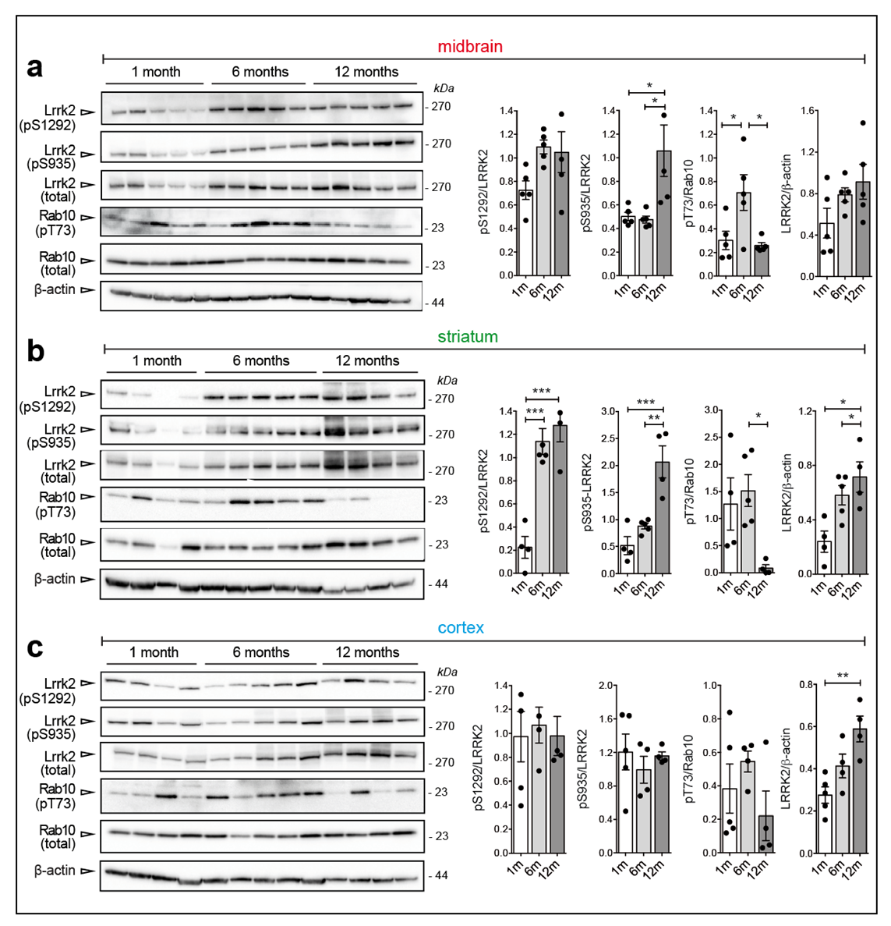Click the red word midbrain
click(469, 47)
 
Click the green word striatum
click(467, 337)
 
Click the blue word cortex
click(461, 628)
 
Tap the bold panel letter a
click(34, 68)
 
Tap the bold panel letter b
click(35, 352)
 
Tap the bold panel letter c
click(34, 647)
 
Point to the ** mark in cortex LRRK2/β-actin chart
click(842, 676)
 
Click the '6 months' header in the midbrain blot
click(260, 72)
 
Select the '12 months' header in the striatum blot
click(367, 361)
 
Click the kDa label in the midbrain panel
click(444, 88)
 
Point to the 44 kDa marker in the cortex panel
click(440, 875)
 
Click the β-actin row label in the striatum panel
click(55, 579)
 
